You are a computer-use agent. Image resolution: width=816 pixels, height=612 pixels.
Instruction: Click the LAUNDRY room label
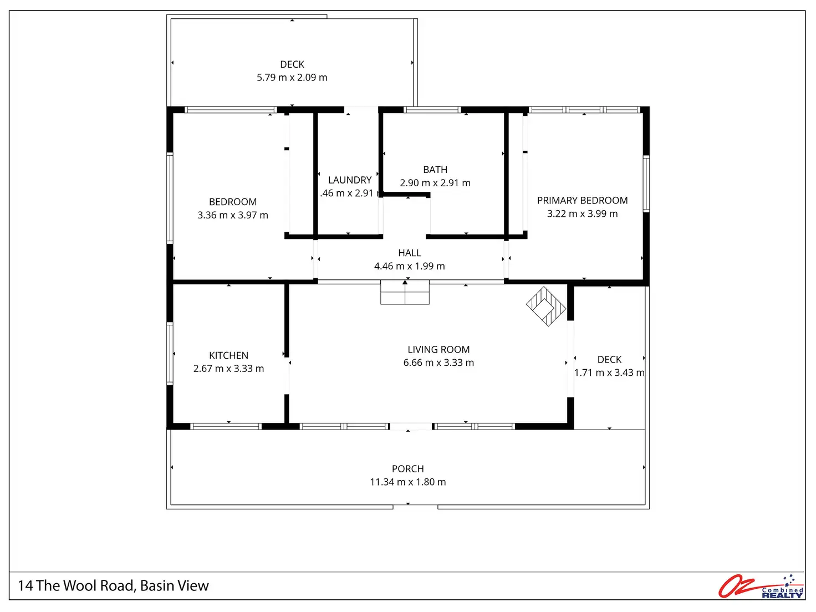click(350, 180)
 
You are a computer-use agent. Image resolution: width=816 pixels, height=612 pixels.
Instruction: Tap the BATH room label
click(435, 170)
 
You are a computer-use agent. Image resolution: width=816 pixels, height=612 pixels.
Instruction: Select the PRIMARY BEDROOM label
click(582, 201)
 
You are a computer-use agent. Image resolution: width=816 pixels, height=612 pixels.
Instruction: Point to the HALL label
click(410, 253)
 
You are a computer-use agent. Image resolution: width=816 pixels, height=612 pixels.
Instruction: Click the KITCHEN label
click(228, 356)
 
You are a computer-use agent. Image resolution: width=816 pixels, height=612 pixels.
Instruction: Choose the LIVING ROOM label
click(438, 350)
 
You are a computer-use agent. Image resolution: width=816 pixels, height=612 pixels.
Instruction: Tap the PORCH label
click(408, 469)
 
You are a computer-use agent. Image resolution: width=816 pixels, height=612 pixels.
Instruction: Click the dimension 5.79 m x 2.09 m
click(292, 78)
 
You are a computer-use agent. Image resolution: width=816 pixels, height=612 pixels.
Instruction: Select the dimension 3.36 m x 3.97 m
click(233, 215)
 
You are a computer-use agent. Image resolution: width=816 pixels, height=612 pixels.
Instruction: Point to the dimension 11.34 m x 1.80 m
click(408, 482)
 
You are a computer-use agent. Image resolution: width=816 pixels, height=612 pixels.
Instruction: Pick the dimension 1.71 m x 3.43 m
click(609, 373)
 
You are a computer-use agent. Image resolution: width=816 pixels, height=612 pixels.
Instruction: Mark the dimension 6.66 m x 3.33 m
click(438, 363)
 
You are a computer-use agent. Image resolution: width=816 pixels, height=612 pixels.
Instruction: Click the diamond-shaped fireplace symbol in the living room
click(546, 306)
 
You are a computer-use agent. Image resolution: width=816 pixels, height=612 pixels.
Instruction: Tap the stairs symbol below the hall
click(405, 292)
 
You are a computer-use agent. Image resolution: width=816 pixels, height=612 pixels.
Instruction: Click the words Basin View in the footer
click(175, 586)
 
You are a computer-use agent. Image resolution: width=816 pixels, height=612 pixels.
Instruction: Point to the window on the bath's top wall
click(432, 110)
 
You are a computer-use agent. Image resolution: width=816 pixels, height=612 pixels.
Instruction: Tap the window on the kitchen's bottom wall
click(226, 426)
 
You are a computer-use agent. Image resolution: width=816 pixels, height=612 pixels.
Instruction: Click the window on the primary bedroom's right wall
click(646, 183)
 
